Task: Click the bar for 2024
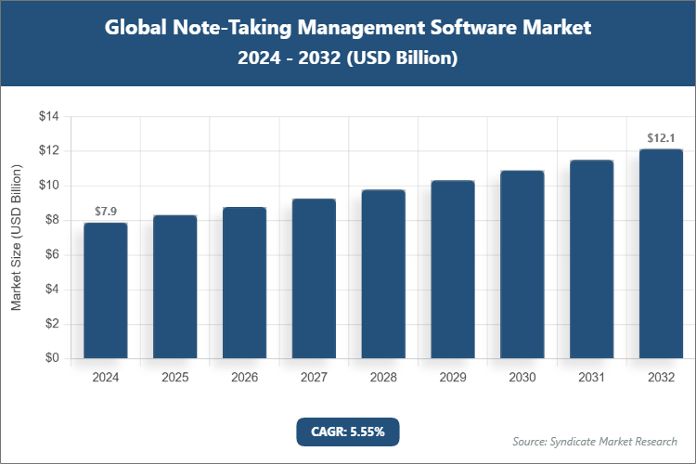(x=106, y=290)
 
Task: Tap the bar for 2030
(x=522, y=264)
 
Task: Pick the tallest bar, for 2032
(x=661, y=253)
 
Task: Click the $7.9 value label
(x=106, y=212)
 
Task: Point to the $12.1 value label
(x=661, y=138)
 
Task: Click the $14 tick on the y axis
(x=48, y=117)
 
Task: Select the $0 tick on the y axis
(x=52, y=358)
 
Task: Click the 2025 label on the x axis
(x=175, y=378)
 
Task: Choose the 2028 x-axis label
(x=383, y=378)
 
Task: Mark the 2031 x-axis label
(x=591, y=378)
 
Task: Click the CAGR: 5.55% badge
(x=347, y=431)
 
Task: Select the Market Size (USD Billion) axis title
(x=16, y=238)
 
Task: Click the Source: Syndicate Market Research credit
(x=594, y=441)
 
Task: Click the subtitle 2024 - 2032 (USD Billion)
(x=347, y=58)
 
